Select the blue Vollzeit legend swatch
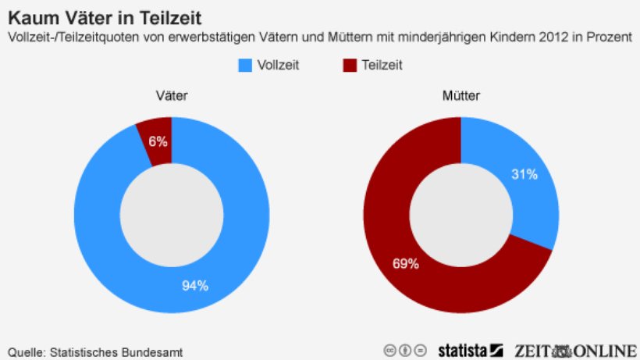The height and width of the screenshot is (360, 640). click(244, 65)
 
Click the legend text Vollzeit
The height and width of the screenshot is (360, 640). click(279, 65)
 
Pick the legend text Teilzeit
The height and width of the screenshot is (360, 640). click(382, 65)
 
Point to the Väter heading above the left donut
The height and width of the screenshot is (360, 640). click(171, 97)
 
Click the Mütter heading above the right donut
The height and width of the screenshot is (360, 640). click(461, 97)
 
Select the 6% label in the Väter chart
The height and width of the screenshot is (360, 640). click(158, 141)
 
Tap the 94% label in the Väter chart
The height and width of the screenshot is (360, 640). click(195, 285)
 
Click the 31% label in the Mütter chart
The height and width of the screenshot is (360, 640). click(524, 174)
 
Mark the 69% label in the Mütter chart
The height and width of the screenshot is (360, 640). click(405, 264)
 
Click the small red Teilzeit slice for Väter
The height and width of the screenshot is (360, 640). click(156, 133)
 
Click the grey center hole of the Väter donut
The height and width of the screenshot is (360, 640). click(171, 215)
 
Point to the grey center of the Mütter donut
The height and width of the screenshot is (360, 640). click(461, 215)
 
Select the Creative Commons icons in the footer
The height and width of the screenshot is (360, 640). click(405, 350)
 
